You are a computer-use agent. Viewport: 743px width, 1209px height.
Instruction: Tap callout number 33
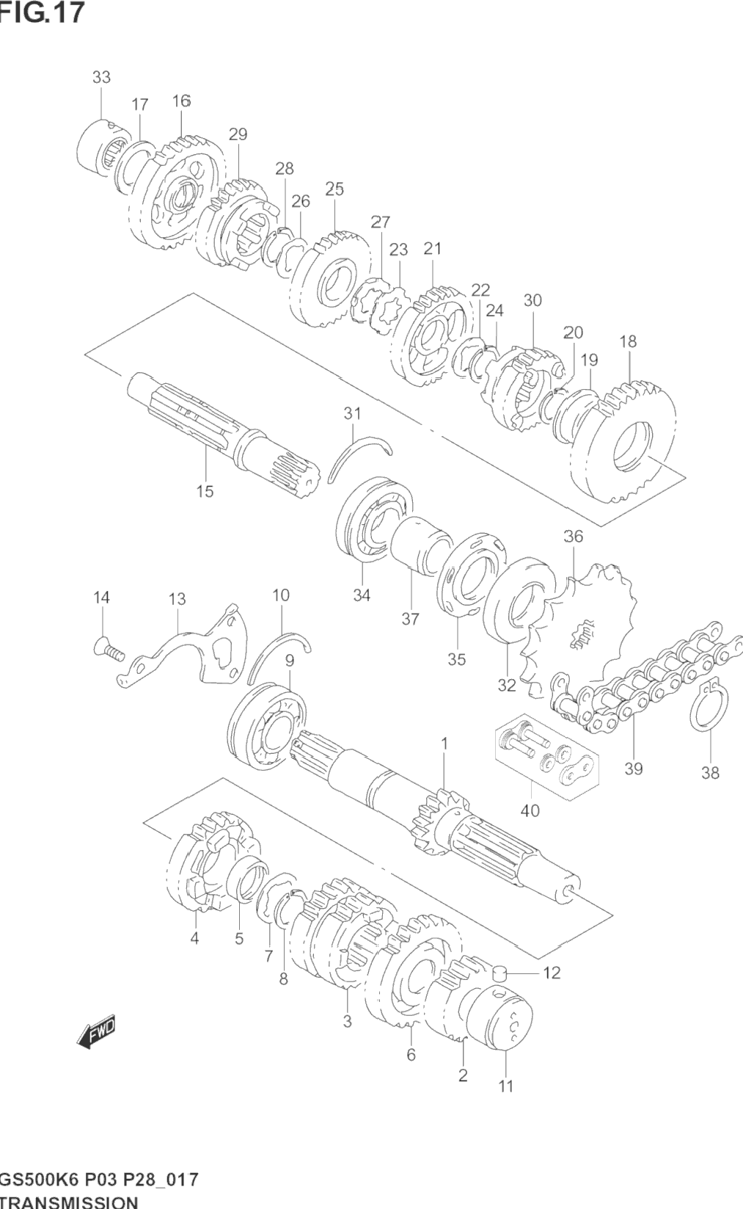pos(101,77)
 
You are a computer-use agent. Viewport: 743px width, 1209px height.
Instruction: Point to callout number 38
pos(710,773)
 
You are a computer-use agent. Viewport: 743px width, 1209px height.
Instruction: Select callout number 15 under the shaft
pos(205,491)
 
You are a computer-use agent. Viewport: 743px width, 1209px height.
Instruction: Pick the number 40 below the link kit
pos(530,810)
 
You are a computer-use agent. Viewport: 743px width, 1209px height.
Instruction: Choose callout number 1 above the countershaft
pos(444,744)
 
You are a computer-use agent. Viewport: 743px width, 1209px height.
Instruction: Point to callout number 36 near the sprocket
pos(573,537)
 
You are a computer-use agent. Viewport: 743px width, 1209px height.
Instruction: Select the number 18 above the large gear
pos(628,341)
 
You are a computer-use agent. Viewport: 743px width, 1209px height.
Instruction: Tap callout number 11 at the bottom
pos(505,1086)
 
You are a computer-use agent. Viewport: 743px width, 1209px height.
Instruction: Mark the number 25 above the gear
pos(334,189)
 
